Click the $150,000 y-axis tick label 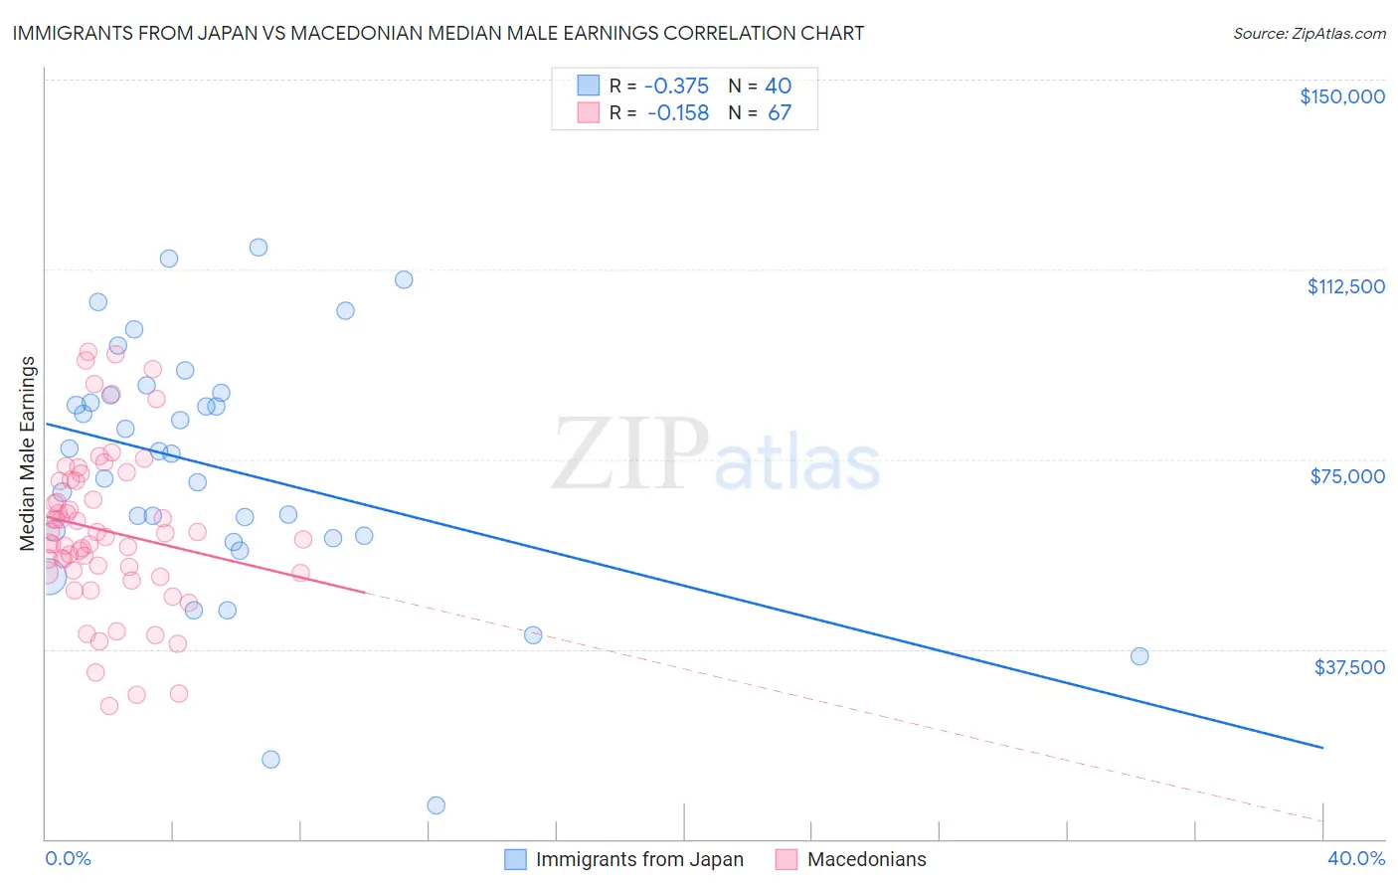(1341, 96)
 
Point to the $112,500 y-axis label (1345, 286)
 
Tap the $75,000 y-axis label (1347, 476)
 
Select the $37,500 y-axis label (1349, 667)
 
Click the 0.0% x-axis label (68, 858)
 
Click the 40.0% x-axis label (1355, 858)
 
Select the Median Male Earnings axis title (28, 452)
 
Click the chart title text (438, 33)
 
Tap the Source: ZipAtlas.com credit (1309, 33)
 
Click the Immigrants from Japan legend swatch (515, 859)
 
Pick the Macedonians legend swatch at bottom (786, 859)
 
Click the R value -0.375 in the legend (677, 87)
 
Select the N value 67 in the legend (780, 113)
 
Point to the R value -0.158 (677, 113)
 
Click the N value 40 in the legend (778, 87)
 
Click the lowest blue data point (436, 805)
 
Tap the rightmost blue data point (1139, 656)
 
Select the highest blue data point (259, 248)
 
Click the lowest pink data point (109, 706)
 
